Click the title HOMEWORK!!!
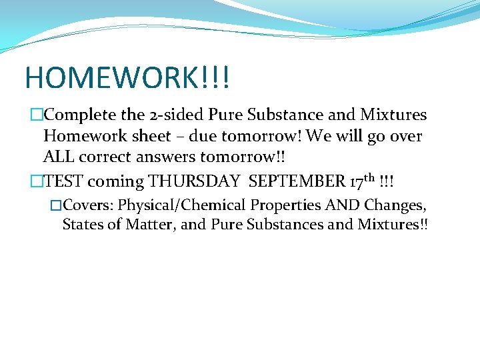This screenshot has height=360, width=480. click(127, 77)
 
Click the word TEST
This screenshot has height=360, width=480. click(63, 181)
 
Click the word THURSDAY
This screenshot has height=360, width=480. click(193, 181)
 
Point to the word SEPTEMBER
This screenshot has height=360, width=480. click(298, 181)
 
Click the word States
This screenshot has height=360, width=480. click(82, 225)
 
